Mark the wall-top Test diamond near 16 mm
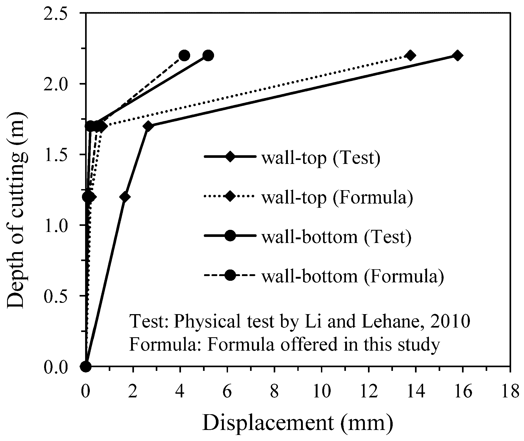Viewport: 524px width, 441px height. coord(457,56)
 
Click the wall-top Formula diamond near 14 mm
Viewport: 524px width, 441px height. coord(410,56)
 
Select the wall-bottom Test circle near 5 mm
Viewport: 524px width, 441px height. coord(208,56)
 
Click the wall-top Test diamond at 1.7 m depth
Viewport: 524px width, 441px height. coord(148,126)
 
